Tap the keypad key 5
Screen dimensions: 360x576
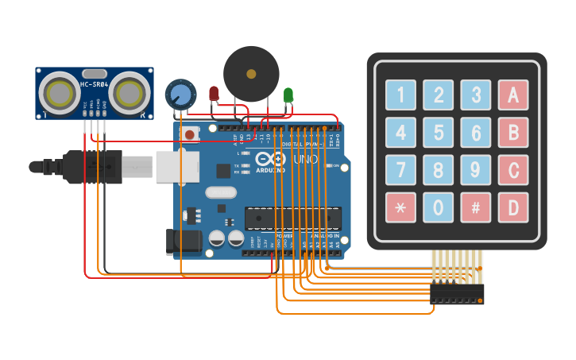point(438,132)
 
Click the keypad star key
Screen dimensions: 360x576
point(400,207)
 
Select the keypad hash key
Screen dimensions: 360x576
point(475,207)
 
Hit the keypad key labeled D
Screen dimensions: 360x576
point(512,207)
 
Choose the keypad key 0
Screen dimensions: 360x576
point(438,207)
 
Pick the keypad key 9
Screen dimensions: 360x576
point(475,169)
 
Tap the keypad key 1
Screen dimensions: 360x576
point(400,95)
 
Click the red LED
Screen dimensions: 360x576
point(214,94)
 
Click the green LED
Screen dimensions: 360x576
point(288,95)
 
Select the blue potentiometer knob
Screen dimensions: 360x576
point(180,95)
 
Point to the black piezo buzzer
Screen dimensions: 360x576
point(251,74)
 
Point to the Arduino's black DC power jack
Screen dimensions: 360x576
point(180,242)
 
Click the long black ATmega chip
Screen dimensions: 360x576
point(292,217)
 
